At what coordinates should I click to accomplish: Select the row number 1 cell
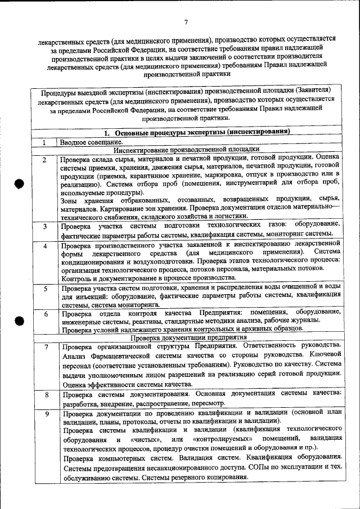coord(45,143)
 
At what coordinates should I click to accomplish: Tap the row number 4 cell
coord(45,246)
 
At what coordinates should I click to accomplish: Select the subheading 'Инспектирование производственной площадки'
coord(186,150)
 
